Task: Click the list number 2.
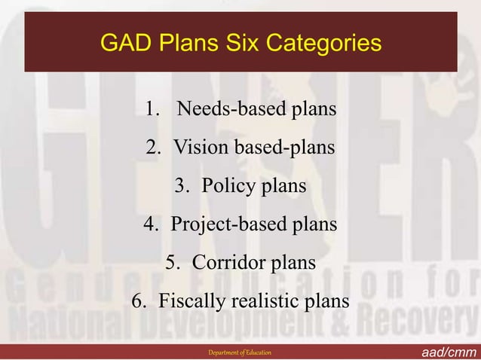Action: click(153, 148)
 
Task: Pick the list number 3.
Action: click(182, 186)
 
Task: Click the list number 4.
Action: click(150, 224)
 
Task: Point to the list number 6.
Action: click(139, 301)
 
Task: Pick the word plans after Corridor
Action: click(290, 263)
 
